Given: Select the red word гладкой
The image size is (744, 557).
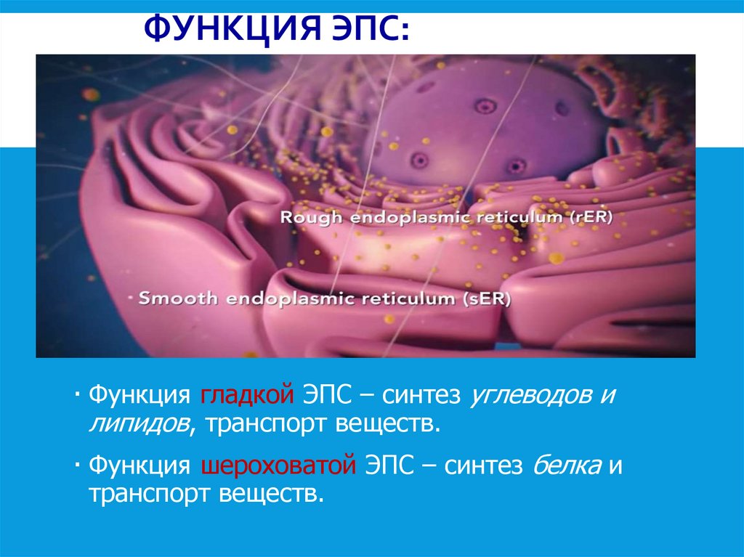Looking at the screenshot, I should coord(246,397).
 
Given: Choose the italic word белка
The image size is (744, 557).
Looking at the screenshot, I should coord(566,465).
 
